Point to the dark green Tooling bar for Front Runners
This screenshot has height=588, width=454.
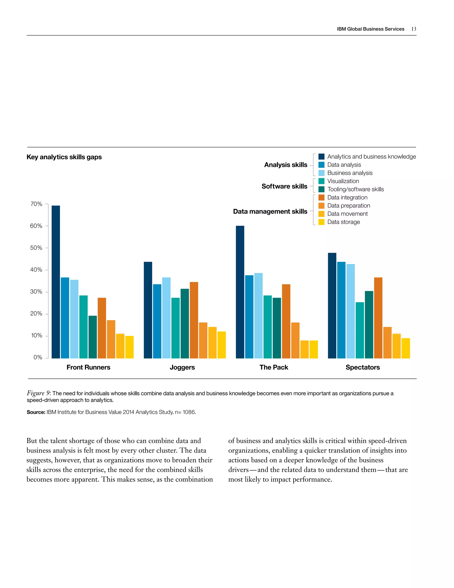tap(92, 337)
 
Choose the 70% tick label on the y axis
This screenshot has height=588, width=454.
tap(36, 204)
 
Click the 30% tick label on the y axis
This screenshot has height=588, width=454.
tap(36, 292)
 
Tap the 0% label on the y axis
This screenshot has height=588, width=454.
tap(38, 357)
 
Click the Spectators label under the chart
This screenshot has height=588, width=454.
tap(362, 367)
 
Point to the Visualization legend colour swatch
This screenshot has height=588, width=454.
tap(321, 181)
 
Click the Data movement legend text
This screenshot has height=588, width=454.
tap(347, 214)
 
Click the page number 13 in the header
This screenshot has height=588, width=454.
tap(414, 29)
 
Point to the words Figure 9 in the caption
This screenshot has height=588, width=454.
tap(38, 393)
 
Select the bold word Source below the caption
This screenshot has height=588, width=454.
tap(36, 412)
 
